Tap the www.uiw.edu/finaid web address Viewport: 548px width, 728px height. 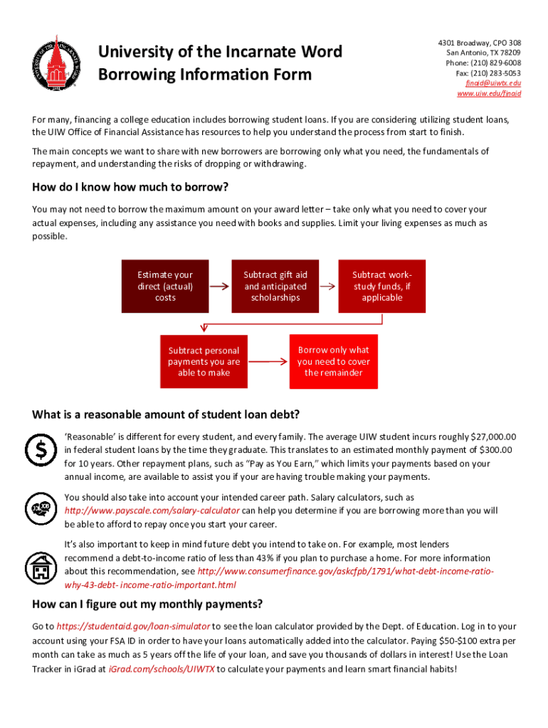pyautogui.click(x=489, y=93)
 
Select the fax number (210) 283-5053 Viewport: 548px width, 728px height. pyautogui.click(x=492, y=73)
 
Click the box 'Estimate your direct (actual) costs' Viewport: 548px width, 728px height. pyautogui.click(x=165, y=286)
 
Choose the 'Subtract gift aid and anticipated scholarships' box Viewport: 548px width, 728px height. pyautogui.click(x=275, y=286)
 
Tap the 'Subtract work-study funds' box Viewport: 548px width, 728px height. pyautogui.click(x=382, y=286)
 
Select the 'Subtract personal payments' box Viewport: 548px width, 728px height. pyautogui.click(x=204, y=362)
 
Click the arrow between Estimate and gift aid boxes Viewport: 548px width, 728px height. pyautogui.click(x=219, y=286)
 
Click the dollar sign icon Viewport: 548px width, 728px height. pyautogui.click(x=41, y=449)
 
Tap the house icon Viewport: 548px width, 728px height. pyautogui.click(x=41, y=567)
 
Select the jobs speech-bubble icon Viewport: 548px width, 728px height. pyautogui.click(x=41, y=508)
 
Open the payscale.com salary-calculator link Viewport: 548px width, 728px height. pyautogui.click(x=152, y=510)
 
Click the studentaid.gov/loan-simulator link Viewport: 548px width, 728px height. pyautogui.click(x=133, y=626)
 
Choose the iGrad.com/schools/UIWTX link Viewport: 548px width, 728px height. pyautogui.click(x=162, y=669)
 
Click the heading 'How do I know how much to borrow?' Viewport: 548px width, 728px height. pyautogui.click(x=130, y=188)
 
